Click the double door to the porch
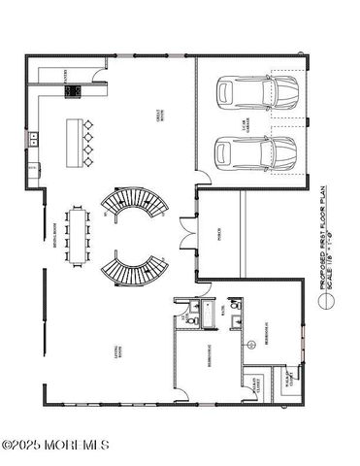(184, 232)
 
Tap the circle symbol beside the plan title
(330, 301)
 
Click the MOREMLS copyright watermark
(55, 446)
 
